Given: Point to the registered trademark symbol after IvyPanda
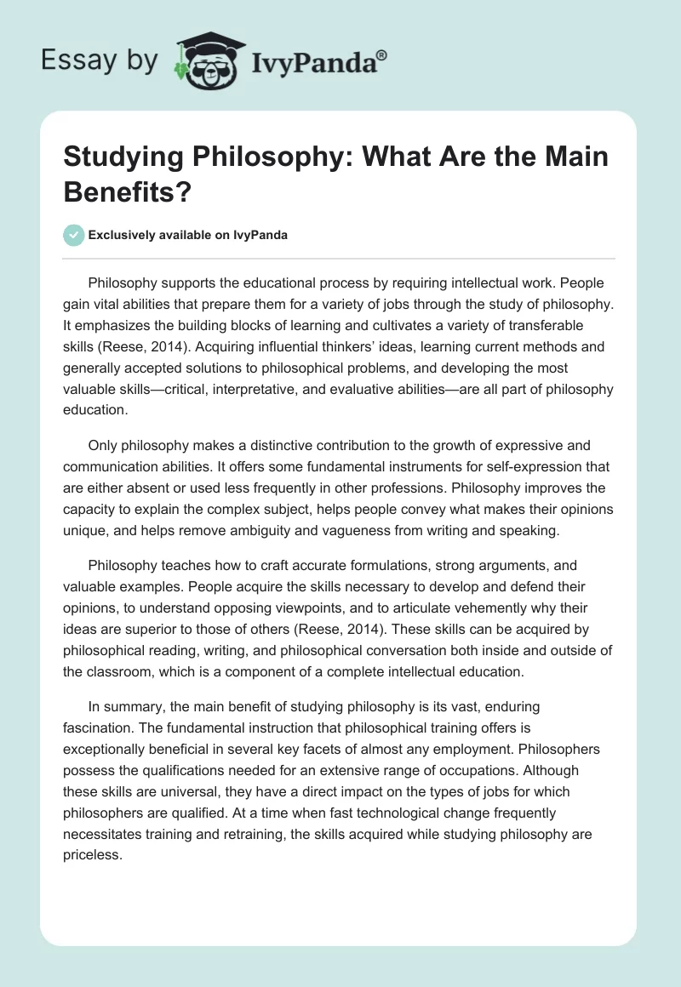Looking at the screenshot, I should click(x=382, y=54).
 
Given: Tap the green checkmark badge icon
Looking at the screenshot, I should click(x=73, y=235).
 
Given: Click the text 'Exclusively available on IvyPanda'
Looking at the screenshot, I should click(x=189, y=236).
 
